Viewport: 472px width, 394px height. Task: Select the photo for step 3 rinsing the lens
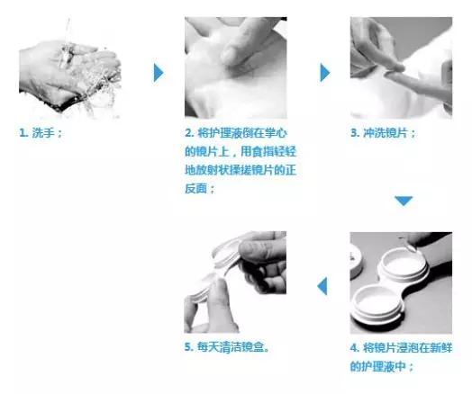pyautogui.click(x=401, y=68)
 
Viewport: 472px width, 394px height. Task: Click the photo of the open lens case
pyautogui.click(x=401, y=282)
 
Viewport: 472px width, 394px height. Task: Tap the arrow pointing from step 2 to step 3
pyautogui.click(x=325, y=73)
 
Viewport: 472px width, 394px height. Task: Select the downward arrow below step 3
pyautogui.click(x=404, y=201)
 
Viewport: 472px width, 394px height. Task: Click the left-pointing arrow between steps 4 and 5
pyautogui.click(x=322, y=286)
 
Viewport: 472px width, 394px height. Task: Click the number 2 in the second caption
pyautogui.click(x=186, y=133)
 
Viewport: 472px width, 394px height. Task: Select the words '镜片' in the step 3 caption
pyautogui.click(x=398, y=133)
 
